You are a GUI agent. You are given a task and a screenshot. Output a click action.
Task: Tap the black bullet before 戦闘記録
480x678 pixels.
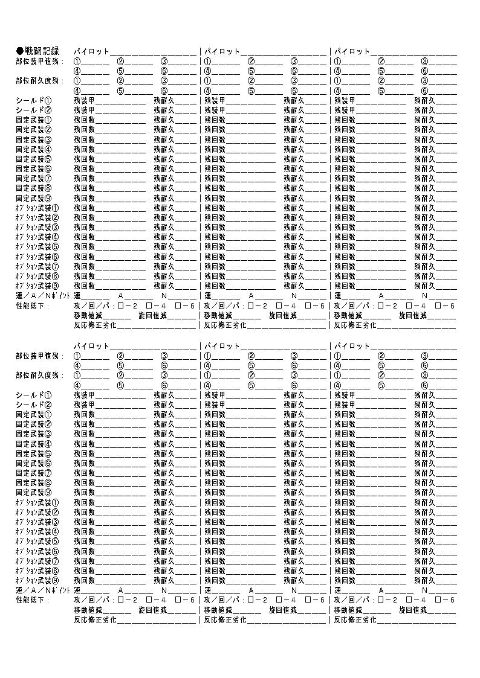coord(19,51)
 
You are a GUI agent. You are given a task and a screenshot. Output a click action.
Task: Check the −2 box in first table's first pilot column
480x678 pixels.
coord(120,305)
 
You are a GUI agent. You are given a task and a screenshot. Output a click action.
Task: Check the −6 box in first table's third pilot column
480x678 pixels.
coord(437,305)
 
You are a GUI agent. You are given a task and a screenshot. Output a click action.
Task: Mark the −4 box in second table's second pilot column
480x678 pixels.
coord(279,600)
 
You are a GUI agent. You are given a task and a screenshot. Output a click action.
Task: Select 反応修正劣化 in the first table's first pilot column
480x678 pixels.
coord(95,325)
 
